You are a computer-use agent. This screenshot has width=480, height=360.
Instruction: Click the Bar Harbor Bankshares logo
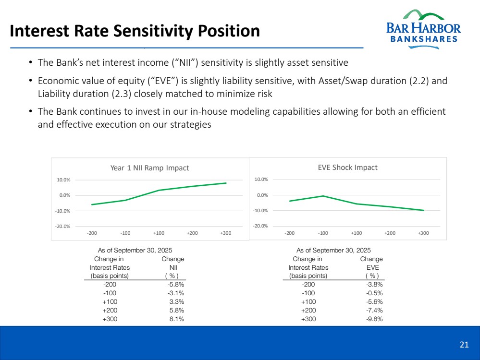[423, 27]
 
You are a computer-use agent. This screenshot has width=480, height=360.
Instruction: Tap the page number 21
[464, 344]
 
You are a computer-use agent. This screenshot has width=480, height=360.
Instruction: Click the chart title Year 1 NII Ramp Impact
[149, 168]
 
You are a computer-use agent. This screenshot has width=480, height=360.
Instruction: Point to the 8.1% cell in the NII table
[177, 319]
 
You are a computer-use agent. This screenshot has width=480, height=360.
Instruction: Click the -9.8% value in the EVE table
[374, 319]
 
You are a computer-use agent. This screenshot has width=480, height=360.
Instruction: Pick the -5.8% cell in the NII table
[176, 285]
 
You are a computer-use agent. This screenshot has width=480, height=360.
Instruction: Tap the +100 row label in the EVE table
[308, 302]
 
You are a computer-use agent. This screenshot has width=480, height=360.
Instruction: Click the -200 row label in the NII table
[110, 285]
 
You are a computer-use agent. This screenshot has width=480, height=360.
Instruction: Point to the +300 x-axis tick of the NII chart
[225, 233]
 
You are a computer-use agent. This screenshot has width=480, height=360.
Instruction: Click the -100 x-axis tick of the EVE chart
[323, 233]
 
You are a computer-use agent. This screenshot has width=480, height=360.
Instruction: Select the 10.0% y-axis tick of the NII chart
[64, 180]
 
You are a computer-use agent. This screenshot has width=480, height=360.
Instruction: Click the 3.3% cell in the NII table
[177, 302]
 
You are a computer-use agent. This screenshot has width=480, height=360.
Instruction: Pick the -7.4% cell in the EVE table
[374, 311]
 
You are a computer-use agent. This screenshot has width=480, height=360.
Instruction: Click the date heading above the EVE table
[333, 250]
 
